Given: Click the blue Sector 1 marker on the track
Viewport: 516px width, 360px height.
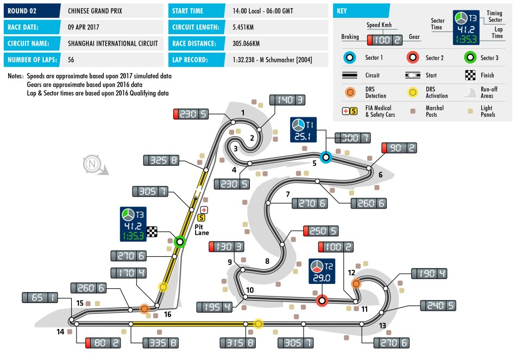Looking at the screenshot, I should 325,157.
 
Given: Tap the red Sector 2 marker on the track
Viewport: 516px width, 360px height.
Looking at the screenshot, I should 322,300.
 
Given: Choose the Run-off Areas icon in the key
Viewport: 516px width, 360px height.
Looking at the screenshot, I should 471,93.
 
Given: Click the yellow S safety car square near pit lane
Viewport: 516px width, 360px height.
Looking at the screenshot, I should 201,218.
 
